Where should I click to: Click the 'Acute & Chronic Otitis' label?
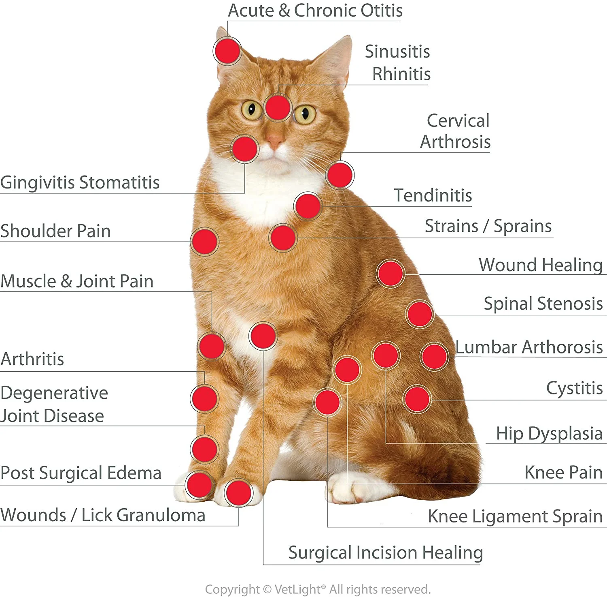click(315, 11)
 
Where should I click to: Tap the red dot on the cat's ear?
click(227, 51)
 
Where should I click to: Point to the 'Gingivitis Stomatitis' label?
click(80, 182)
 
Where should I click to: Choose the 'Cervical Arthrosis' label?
click(456, 131)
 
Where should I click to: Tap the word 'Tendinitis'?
click(433, 195)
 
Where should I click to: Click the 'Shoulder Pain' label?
click(55, 231)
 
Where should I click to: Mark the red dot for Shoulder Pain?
click(205, 242)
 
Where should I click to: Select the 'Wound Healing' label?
click(541, 265)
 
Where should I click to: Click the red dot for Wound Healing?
click(391, 274)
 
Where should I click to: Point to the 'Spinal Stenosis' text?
click(543, 304)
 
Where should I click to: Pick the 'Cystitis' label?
click(574, 388)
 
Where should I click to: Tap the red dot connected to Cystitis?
click(417, 399)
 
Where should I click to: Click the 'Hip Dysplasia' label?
click(549, 433)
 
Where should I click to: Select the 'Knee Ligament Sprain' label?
click(515, 516)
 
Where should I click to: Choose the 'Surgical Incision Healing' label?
click(386, 553)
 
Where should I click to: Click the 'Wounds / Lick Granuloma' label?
click(103, 515)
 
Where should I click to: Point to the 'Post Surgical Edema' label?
click(81, 473)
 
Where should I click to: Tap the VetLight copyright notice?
click(318, 589)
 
